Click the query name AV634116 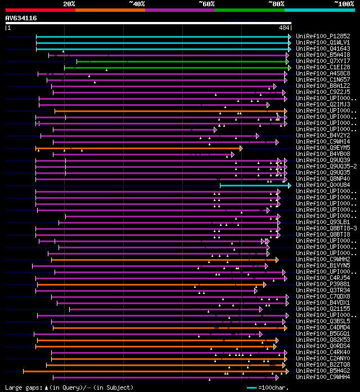tap(21, 18)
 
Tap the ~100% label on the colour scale tap(344, 3)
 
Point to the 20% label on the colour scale tap(69, 3)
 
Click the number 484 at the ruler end tap(284, 28)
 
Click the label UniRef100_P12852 tap(322, 36)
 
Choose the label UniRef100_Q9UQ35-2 tap(325, 166)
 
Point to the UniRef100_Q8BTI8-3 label tap(325, 228)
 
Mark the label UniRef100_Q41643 tap(322, 48)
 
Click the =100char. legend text tap(273, 387)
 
